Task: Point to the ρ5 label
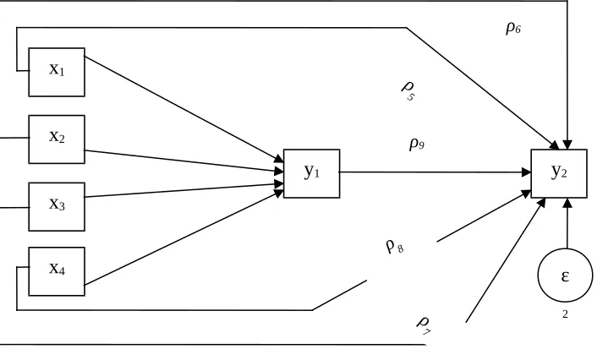408,90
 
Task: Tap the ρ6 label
513,28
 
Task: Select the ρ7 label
424,325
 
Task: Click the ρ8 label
395,247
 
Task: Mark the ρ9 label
417,144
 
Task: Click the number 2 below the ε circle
565,314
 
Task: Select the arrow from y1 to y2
435,172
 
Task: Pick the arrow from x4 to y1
183,237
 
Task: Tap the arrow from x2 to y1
183,161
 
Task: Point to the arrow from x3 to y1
183,190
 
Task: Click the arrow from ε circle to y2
567,223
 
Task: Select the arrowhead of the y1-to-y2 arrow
527,172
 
